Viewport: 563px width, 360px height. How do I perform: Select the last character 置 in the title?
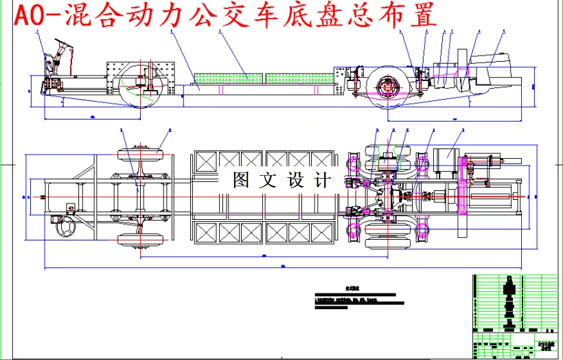point(425,16)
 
